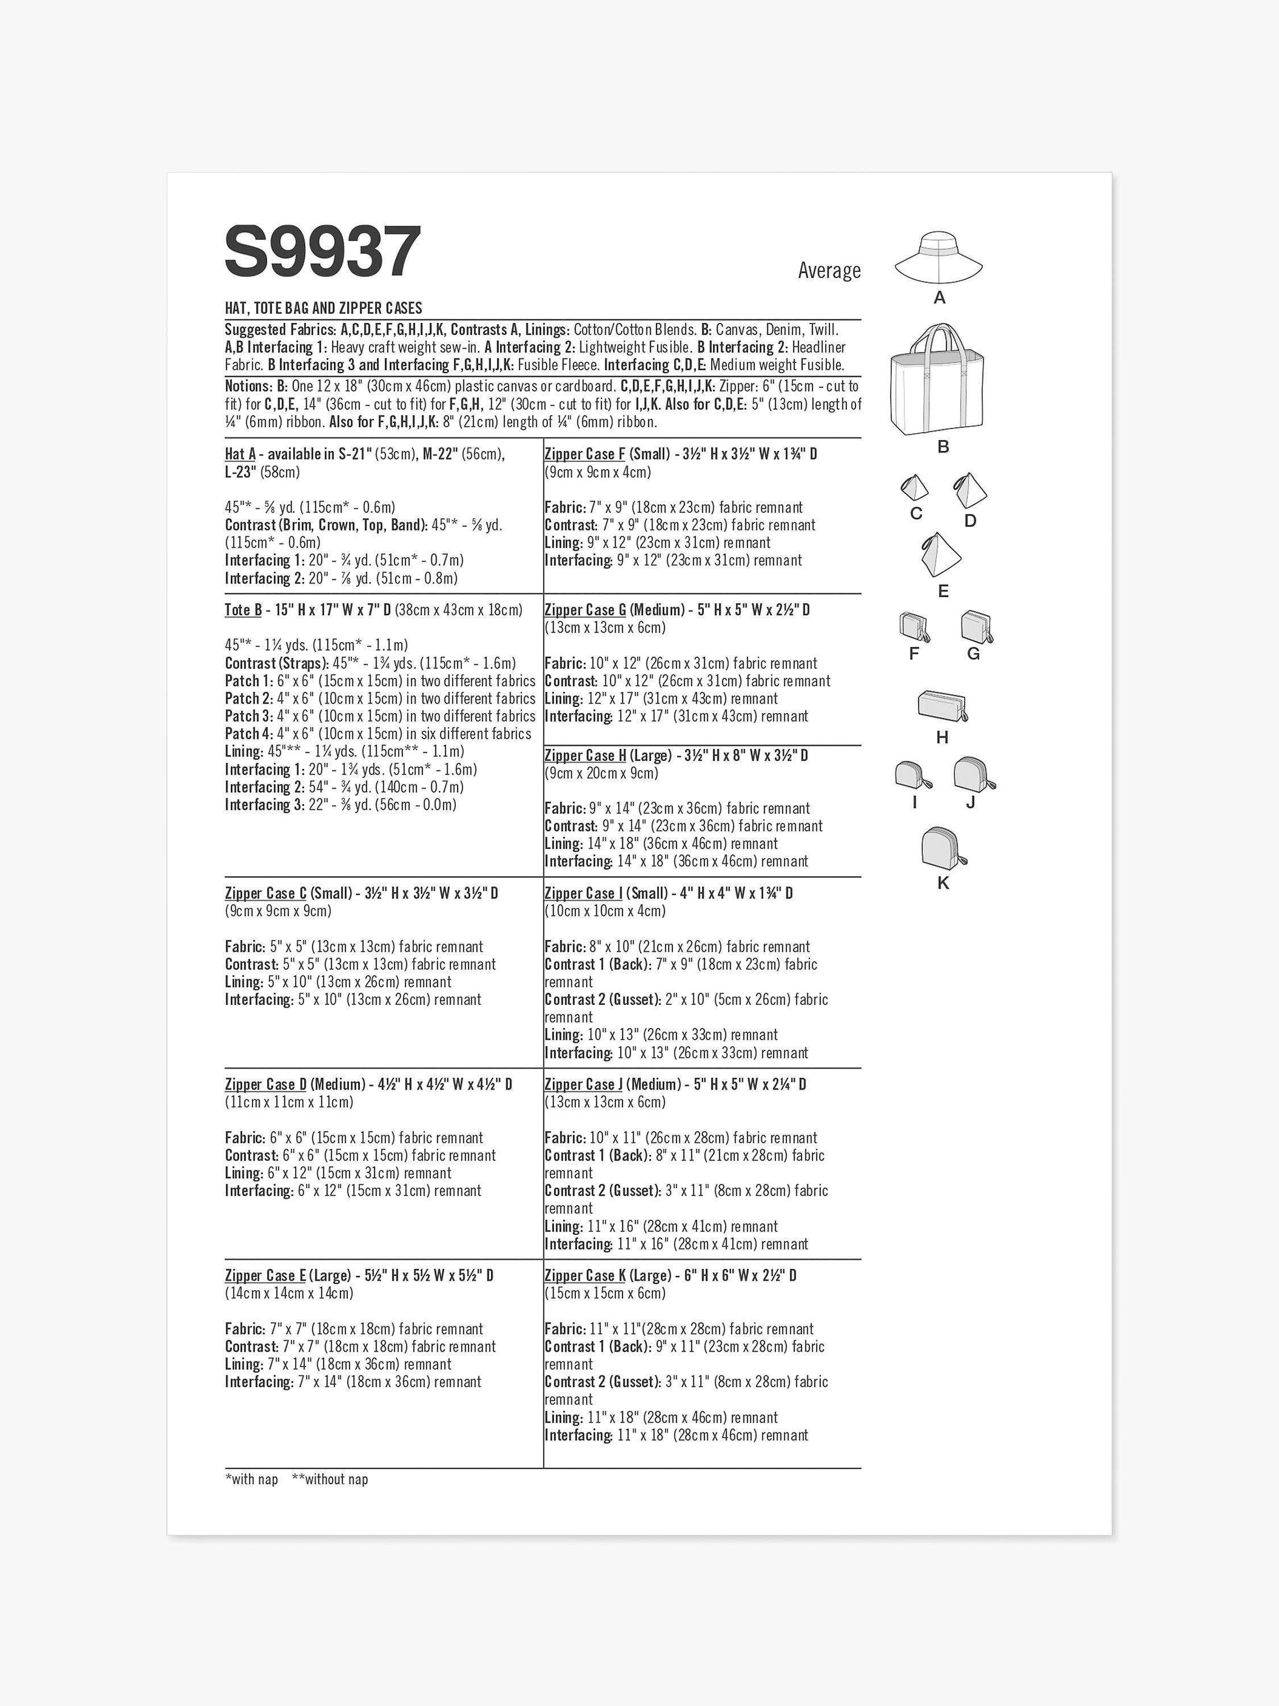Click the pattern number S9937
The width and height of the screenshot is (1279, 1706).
[x=323, y=251]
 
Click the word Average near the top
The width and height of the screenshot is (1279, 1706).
[x=829, y=271]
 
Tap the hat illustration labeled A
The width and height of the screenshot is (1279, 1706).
[x=939, y=258]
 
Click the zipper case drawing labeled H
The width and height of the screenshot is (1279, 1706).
[x=942, y=706]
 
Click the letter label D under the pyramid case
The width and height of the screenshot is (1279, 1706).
[x=970, y=520]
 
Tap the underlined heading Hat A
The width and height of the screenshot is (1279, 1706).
[x=240, y=454]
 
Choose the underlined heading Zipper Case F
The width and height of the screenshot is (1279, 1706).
[x=584, y=454]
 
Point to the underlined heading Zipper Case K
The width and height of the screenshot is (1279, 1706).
[x=584, y=1276]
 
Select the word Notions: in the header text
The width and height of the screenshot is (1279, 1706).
[x=248, y=386]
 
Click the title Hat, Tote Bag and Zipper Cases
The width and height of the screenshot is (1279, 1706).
[x=323, y=308]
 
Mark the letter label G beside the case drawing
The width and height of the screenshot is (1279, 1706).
[x=973, y=654]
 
